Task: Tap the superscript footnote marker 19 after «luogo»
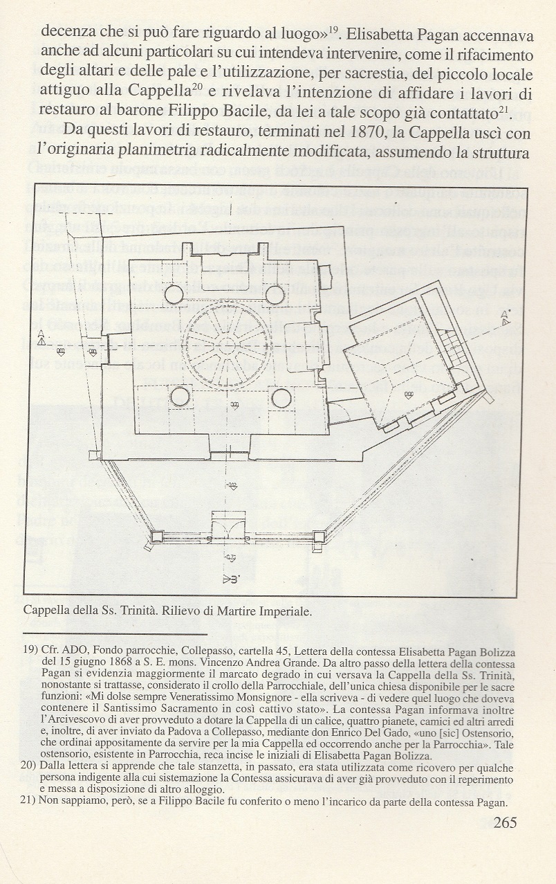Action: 333,29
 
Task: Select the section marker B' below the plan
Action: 232,579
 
